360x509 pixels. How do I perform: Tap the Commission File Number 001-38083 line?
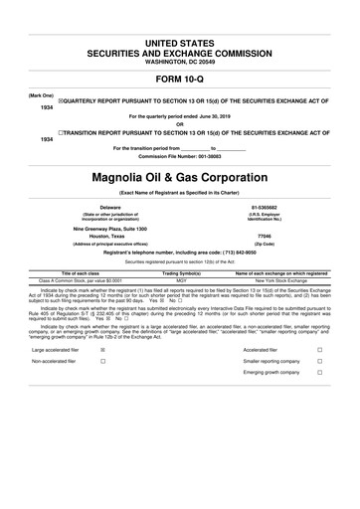point(180,156)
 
